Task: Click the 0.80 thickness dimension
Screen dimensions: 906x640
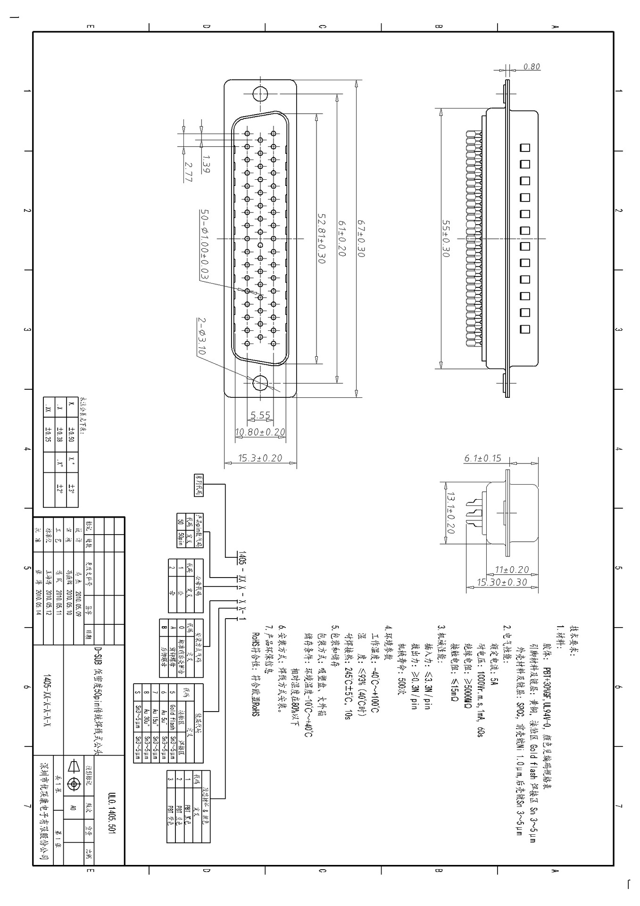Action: coord(532,67)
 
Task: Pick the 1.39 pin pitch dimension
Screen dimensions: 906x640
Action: coord(206,164)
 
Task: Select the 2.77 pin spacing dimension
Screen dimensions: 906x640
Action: coord(189,172)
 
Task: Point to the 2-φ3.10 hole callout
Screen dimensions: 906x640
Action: coord(201,336)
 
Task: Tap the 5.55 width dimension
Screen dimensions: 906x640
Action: coord(260,415)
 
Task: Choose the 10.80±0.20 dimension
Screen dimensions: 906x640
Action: coord(260,432)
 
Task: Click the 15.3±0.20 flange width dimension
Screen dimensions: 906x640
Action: coord(260,458)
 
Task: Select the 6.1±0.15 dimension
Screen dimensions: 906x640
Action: coord(482,458)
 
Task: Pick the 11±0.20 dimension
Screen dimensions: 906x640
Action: coord(512,570)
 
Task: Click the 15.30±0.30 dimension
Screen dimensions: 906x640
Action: coord(502,582)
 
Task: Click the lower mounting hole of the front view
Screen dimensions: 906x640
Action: coord(260,383)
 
